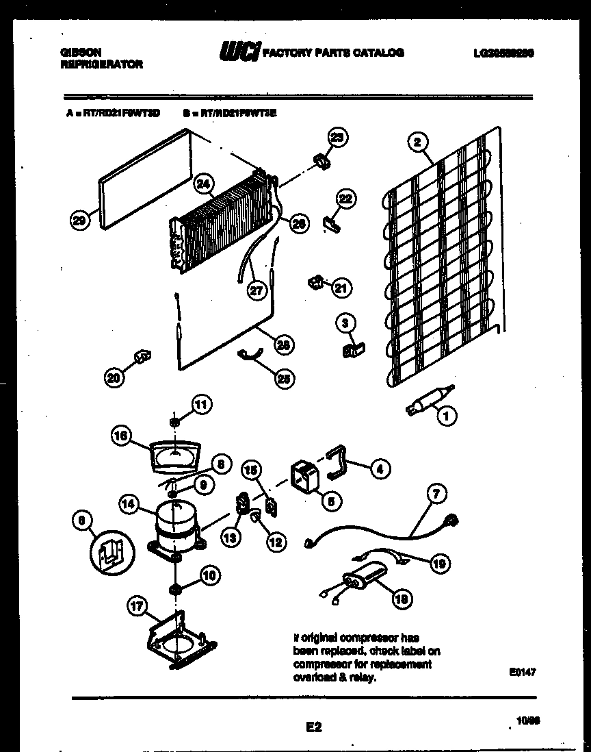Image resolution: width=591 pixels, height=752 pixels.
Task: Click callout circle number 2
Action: pos(417,142)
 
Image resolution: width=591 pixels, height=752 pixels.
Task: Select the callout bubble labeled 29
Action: pos(79,220)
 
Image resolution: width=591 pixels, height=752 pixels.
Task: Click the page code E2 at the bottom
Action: pos(314,728)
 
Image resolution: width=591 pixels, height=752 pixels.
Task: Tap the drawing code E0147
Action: pos(522,673)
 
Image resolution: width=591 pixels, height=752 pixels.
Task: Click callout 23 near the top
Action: pos(337,137)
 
